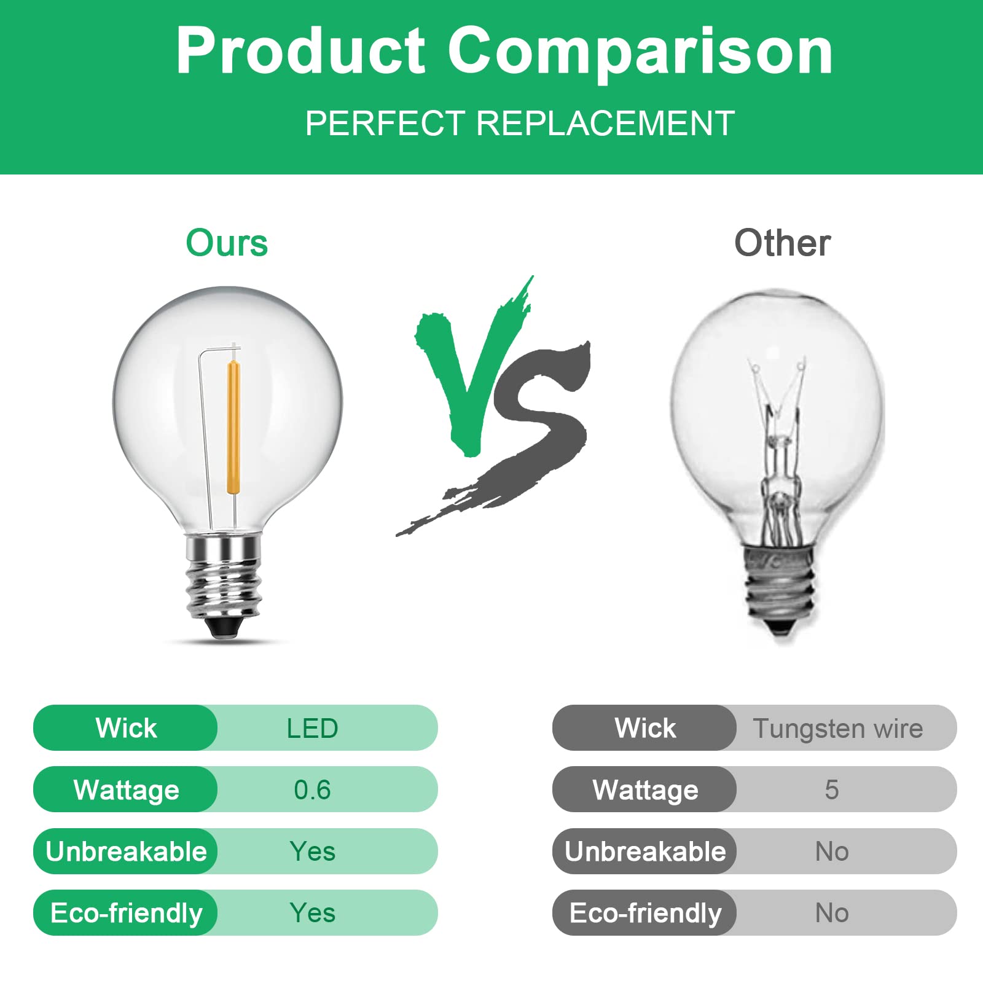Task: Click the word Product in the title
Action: (x=300, y=52)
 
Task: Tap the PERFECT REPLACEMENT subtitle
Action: (x=520, y=123)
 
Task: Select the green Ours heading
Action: (x=227, y=243)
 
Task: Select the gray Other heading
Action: (x=782, y=243)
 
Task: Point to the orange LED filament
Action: (x=234, y=427)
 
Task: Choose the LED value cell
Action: (x=312, y=728)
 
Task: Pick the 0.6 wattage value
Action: (x=312, y=789)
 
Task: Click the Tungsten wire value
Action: (x=837, y=728)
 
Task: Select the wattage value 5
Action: (x=831, y=789)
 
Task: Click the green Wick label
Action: (x=126, y=728)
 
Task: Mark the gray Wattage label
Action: (x=645, y=789)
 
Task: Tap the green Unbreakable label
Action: (x=126, y=852)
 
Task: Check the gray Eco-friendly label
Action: (x=645, y=913)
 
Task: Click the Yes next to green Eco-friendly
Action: (x=312, y=913)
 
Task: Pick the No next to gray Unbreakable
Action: (x=831, y=852)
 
